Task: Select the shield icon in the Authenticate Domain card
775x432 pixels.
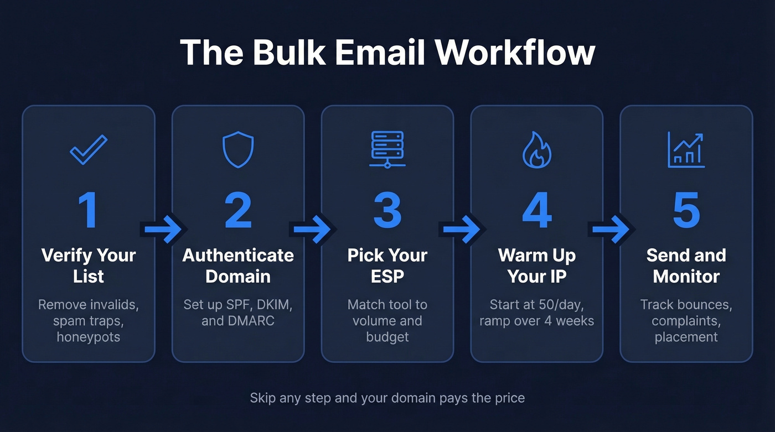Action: (x=238, y=149)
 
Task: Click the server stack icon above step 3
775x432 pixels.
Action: (x=387, y=149)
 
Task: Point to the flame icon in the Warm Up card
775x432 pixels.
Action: (x=537, y=149)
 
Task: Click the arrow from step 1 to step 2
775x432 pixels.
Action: (x=163, y=228)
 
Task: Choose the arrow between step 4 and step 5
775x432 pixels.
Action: (x=612, y=228)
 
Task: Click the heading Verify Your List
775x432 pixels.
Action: (x=89, y=266)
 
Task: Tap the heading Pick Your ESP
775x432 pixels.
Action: (x=387, y=266)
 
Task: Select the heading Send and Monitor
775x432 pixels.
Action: (x=686, y=266)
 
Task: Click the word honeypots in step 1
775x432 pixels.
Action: (x=89, y=337)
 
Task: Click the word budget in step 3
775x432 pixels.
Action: (x=387, y=337)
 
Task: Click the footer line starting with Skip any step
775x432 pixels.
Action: (x=387, y=397)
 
